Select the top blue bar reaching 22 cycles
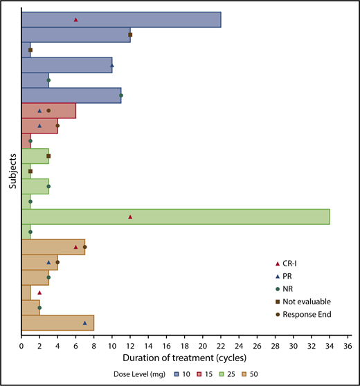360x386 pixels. pos(121,19)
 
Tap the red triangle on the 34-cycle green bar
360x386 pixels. pos(130,217)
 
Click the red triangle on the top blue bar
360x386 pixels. pos(75,19)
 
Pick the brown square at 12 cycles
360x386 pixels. pos(130,35)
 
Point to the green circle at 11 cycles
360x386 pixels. pos(121,95)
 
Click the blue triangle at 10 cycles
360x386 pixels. pos(112,65)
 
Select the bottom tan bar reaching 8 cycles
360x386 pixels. pos(57,322)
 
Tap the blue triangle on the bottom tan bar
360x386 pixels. pos(85,322)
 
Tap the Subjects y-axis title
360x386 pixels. pos(6,172)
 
